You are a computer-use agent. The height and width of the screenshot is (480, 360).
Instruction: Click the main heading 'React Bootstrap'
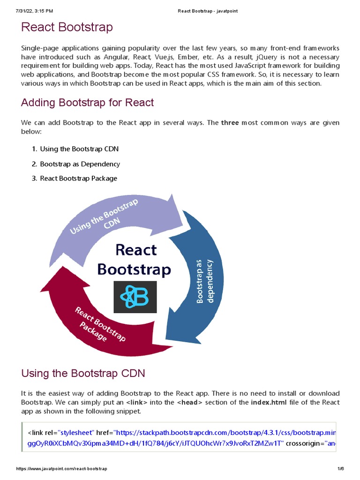[67, 27]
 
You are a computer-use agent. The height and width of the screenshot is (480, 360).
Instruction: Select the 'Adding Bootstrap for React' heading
[87, 102]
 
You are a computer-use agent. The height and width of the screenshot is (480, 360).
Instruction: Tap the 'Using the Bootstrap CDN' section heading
[83, 373]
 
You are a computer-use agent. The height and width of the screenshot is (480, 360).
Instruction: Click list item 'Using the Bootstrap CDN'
[79, 149]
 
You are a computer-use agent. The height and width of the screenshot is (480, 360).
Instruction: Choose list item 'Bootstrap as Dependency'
[80, 164]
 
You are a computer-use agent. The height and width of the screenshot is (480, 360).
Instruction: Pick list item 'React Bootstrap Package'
[78, 178]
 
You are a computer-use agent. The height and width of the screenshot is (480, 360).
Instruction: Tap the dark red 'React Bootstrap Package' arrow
[94, 323]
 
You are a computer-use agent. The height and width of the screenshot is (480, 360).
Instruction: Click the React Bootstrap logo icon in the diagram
[135, 297]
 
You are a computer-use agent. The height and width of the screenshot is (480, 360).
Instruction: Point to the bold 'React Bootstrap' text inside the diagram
[134, 260]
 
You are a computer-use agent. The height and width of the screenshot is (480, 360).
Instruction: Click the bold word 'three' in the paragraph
[230, 123]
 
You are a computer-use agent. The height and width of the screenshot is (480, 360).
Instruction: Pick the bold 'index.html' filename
[269, 402]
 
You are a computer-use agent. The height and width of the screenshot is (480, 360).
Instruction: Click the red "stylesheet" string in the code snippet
[76, 432]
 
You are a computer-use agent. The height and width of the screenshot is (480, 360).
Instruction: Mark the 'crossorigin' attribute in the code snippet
[303, 443]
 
